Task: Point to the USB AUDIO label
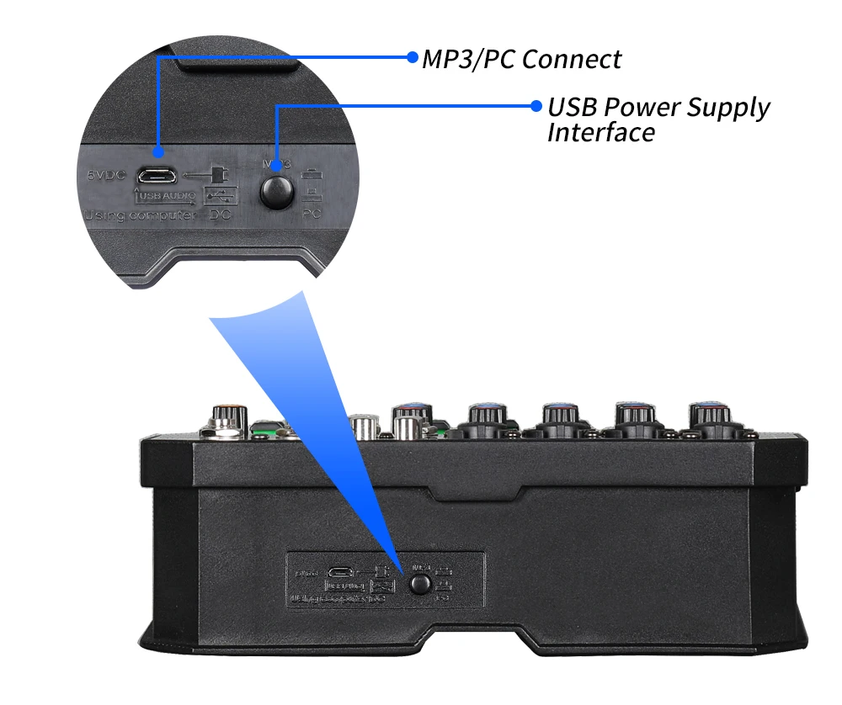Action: pyautogui.click(x=166, y=197)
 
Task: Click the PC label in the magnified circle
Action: pyautogui.click(x=312, y=215)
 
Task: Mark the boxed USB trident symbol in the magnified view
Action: pyautogui.click(x=221, y=195)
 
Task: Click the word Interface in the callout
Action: pyautogui.click(x=600, y=133)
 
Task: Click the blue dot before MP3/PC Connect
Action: pyautogui.click(x=412, y=57)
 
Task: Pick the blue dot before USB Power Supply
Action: pyautogui.click(x=536, y=106)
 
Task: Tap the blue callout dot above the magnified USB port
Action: pyautogui.click(x=157, y=152)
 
